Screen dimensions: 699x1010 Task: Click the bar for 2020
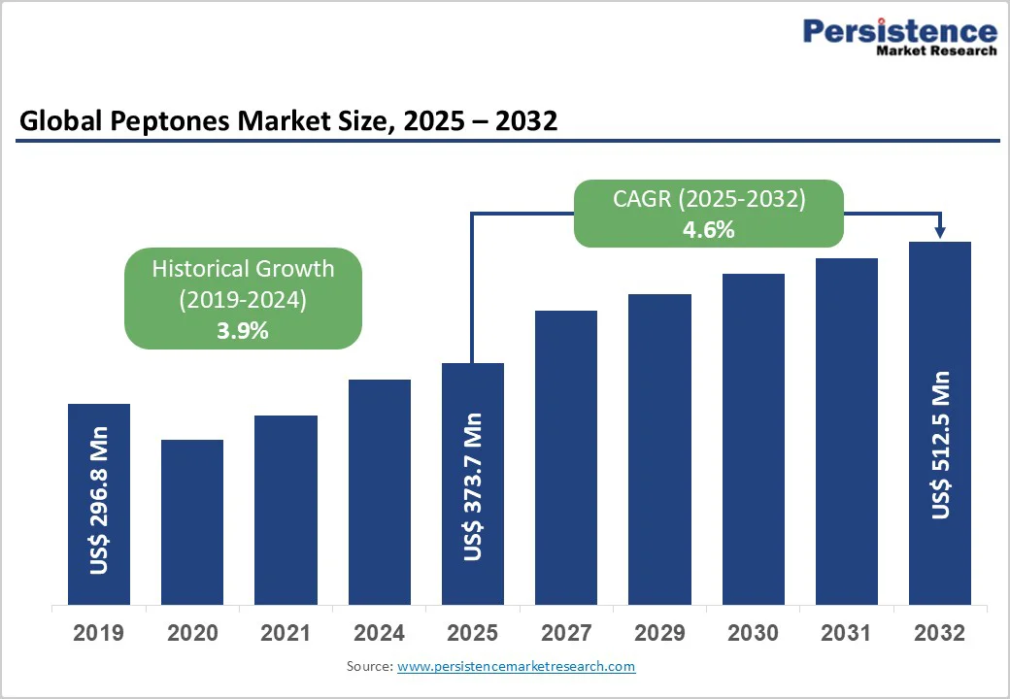point(192,522)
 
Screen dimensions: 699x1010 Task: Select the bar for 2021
point(286,510)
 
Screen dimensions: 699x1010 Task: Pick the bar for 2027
point(566,457)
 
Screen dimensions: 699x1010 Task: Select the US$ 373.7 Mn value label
point(473,486)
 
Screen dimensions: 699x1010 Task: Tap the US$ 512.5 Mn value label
point(940,445)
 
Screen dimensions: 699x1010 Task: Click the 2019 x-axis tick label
point(99,634)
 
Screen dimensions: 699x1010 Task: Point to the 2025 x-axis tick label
point(473,634)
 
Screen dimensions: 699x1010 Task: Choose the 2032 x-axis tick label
point(940,634)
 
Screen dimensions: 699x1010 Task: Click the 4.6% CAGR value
point(709,230)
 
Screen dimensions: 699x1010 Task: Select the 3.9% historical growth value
point(243,330)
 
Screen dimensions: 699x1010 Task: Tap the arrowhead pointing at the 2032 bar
point(940,232)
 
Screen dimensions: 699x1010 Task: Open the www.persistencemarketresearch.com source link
point(516,666)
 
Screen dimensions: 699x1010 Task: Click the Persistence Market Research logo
point(899,37)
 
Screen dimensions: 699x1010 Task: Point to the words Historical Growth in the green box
point(243,269)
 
